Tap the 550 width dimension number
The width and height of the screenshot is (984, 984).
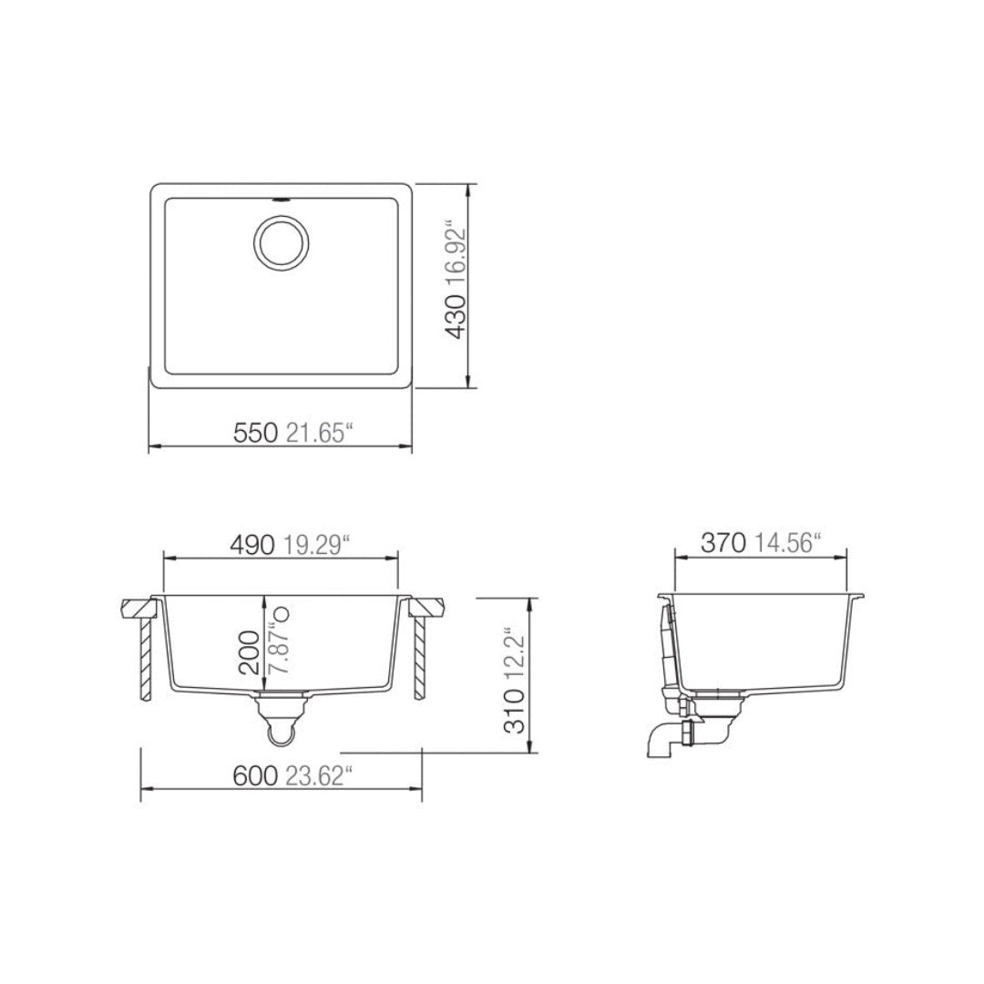[255, 435]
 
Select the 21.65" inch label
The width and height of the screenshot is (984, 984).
[318, 435]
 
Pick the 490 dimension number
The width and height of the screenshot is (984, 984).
[251, 545]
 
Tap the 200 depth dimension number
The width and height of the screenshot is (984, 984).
[249, 651]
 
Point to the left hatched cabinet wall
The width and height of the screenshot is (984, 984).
[144, 656]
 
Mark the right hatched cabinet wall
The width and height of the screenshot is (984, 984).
[419, 656]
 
